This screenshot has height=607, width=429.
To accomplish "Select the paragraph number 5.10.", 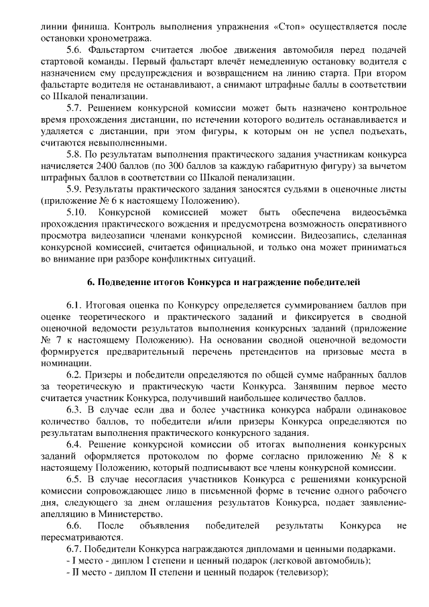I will tap(77, 211).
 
